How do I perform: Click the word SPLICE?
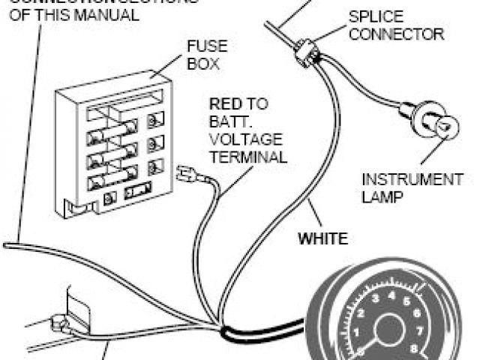[x=375, y=16]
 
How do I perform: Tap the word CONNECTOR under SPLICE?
[x=397, y=34]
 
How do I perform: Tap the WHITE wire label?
[x=323, y=240]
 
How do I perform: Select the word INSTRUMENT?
[x=412, y=180]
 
